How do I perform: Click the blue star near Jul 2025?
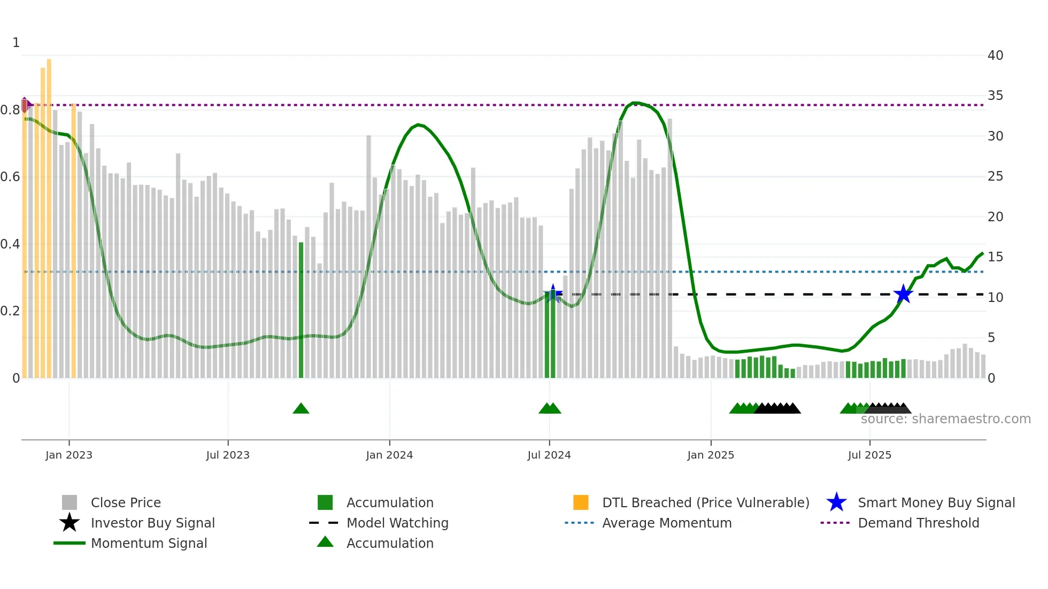[903, 294]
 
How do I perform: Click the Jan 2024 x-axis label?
[389, 455]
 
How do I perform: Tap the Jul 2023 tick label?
[228, 455]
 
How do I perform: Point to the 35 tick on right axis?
[995, 96]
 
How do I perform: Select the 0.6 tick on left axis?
[10, 176]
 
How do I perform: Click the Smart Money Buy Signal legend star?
[836, 502]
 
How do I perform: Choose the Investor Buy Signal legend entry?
[152, 523]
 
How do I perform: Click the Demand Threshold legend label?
[918, 523]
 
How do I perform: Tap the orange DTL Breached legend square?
[581, 502]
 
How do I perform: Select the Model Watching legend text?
[397, 523]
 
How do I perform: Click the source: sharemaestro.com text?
[945, 419]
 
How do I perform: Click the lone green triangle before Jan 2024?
[301, 409]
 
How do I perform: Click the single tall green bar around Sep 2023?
[301, 310]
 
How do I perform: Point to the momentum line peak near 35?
[634, 103]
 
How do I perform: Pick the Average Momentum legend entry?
[666, 523]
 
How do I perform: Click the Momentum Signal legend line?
[70, 543]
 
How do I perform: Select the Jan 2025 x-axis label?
[711, 455]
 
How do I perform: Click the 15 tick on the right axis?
[995, 257]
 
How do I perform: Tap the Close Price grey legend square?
[70, 502]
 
